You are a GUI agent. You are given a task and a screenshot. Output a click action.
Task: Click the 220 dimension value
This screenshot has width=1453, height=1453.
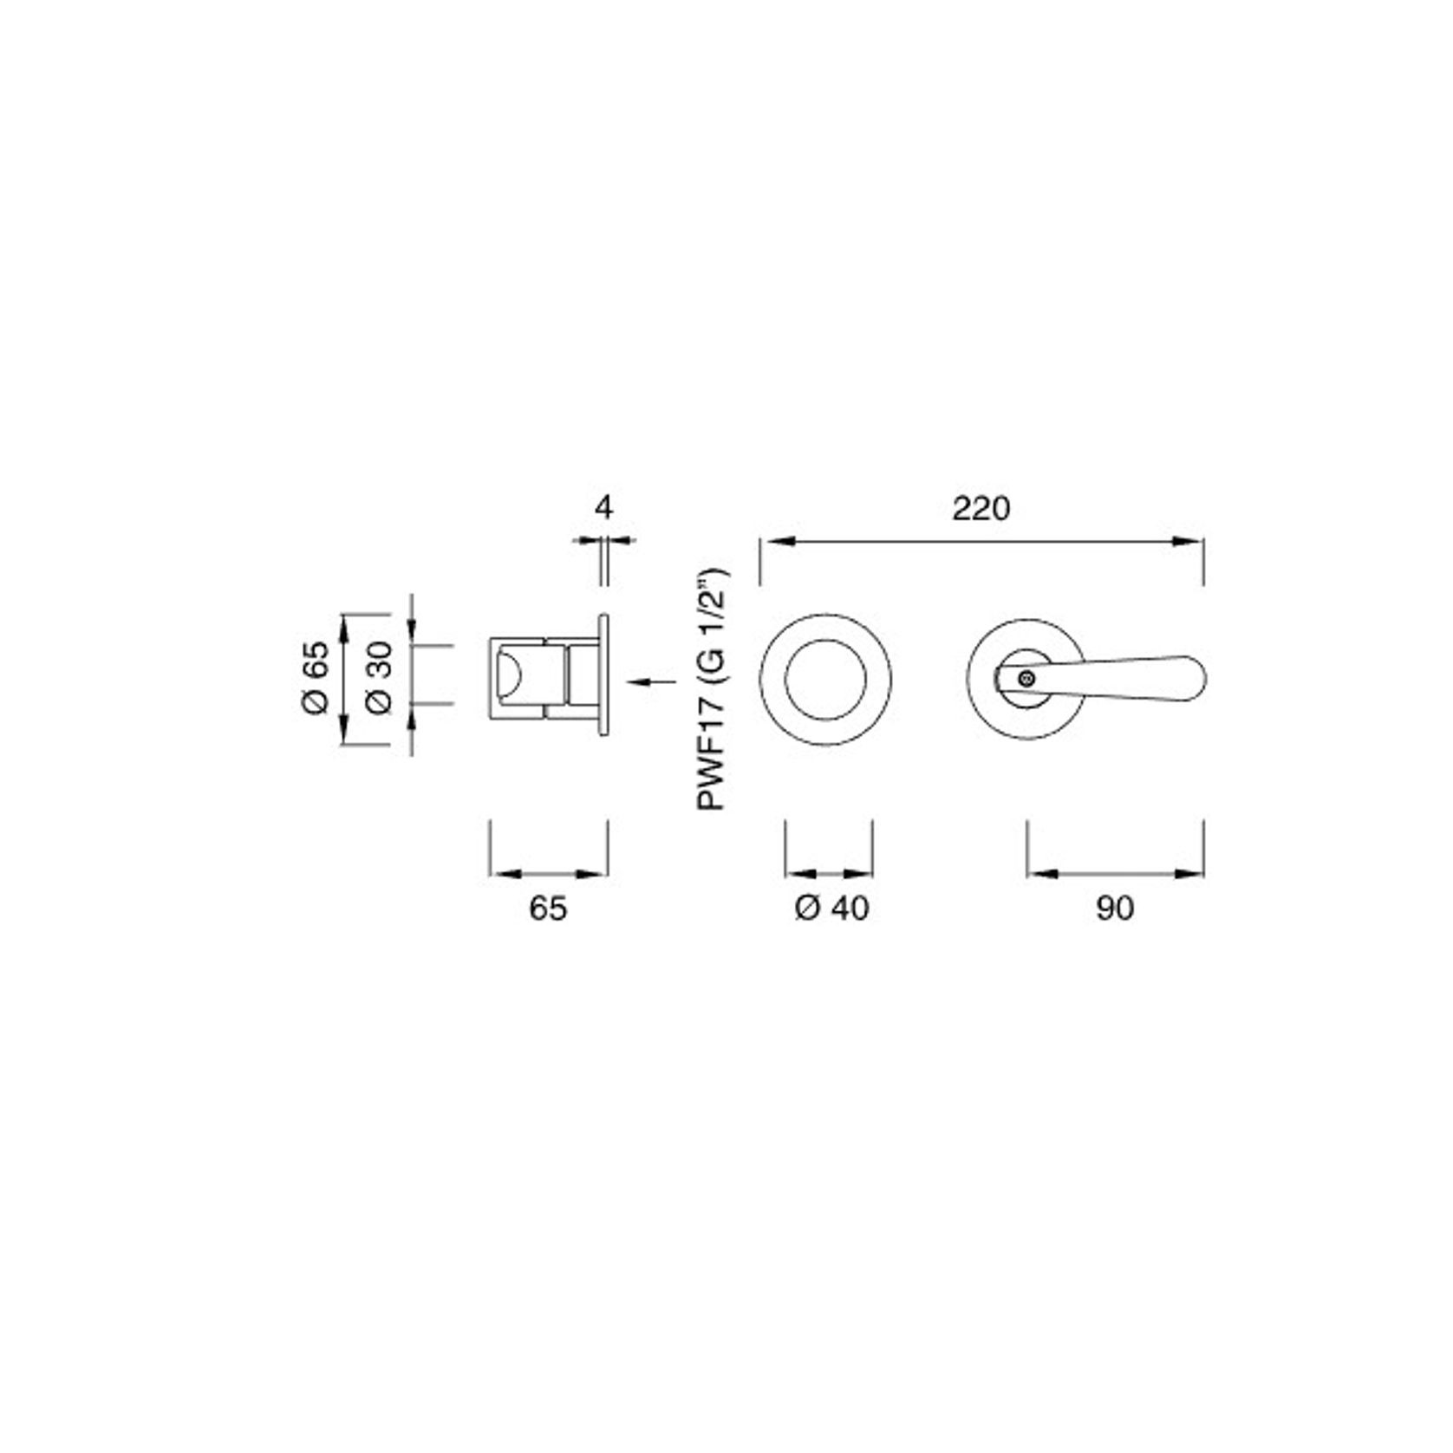(981, 508)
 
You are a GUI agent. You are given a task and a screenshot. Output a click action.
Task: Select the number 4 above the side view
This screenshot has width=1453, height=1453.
(604, 507)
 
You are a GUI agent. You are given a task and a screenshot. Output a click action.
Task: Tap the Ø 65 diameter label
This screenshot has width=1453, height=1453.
(316, 677)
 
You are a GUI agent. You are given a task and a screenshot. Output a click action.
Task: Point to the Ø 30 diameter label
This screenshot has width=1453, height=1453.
(379, 677)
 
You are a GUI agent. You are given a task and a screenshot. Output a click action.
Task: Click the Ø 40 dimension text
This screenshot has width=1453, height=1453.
(831, 908)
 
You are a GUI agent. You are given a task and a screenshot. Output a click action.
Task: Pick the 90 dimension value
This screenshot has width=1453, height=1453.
(1115, 908)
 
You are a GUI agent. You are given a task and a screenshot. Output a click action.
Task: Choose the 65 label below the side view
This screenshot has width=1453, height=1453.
(548, 908)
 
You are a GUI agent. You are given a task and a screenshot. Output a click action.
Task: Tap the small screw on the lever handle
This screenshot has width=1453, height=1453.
(1026, 679)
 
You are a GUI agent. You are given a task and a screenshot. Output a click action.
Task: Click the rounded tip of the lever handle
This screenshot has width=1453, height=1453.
(1201, 679)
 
